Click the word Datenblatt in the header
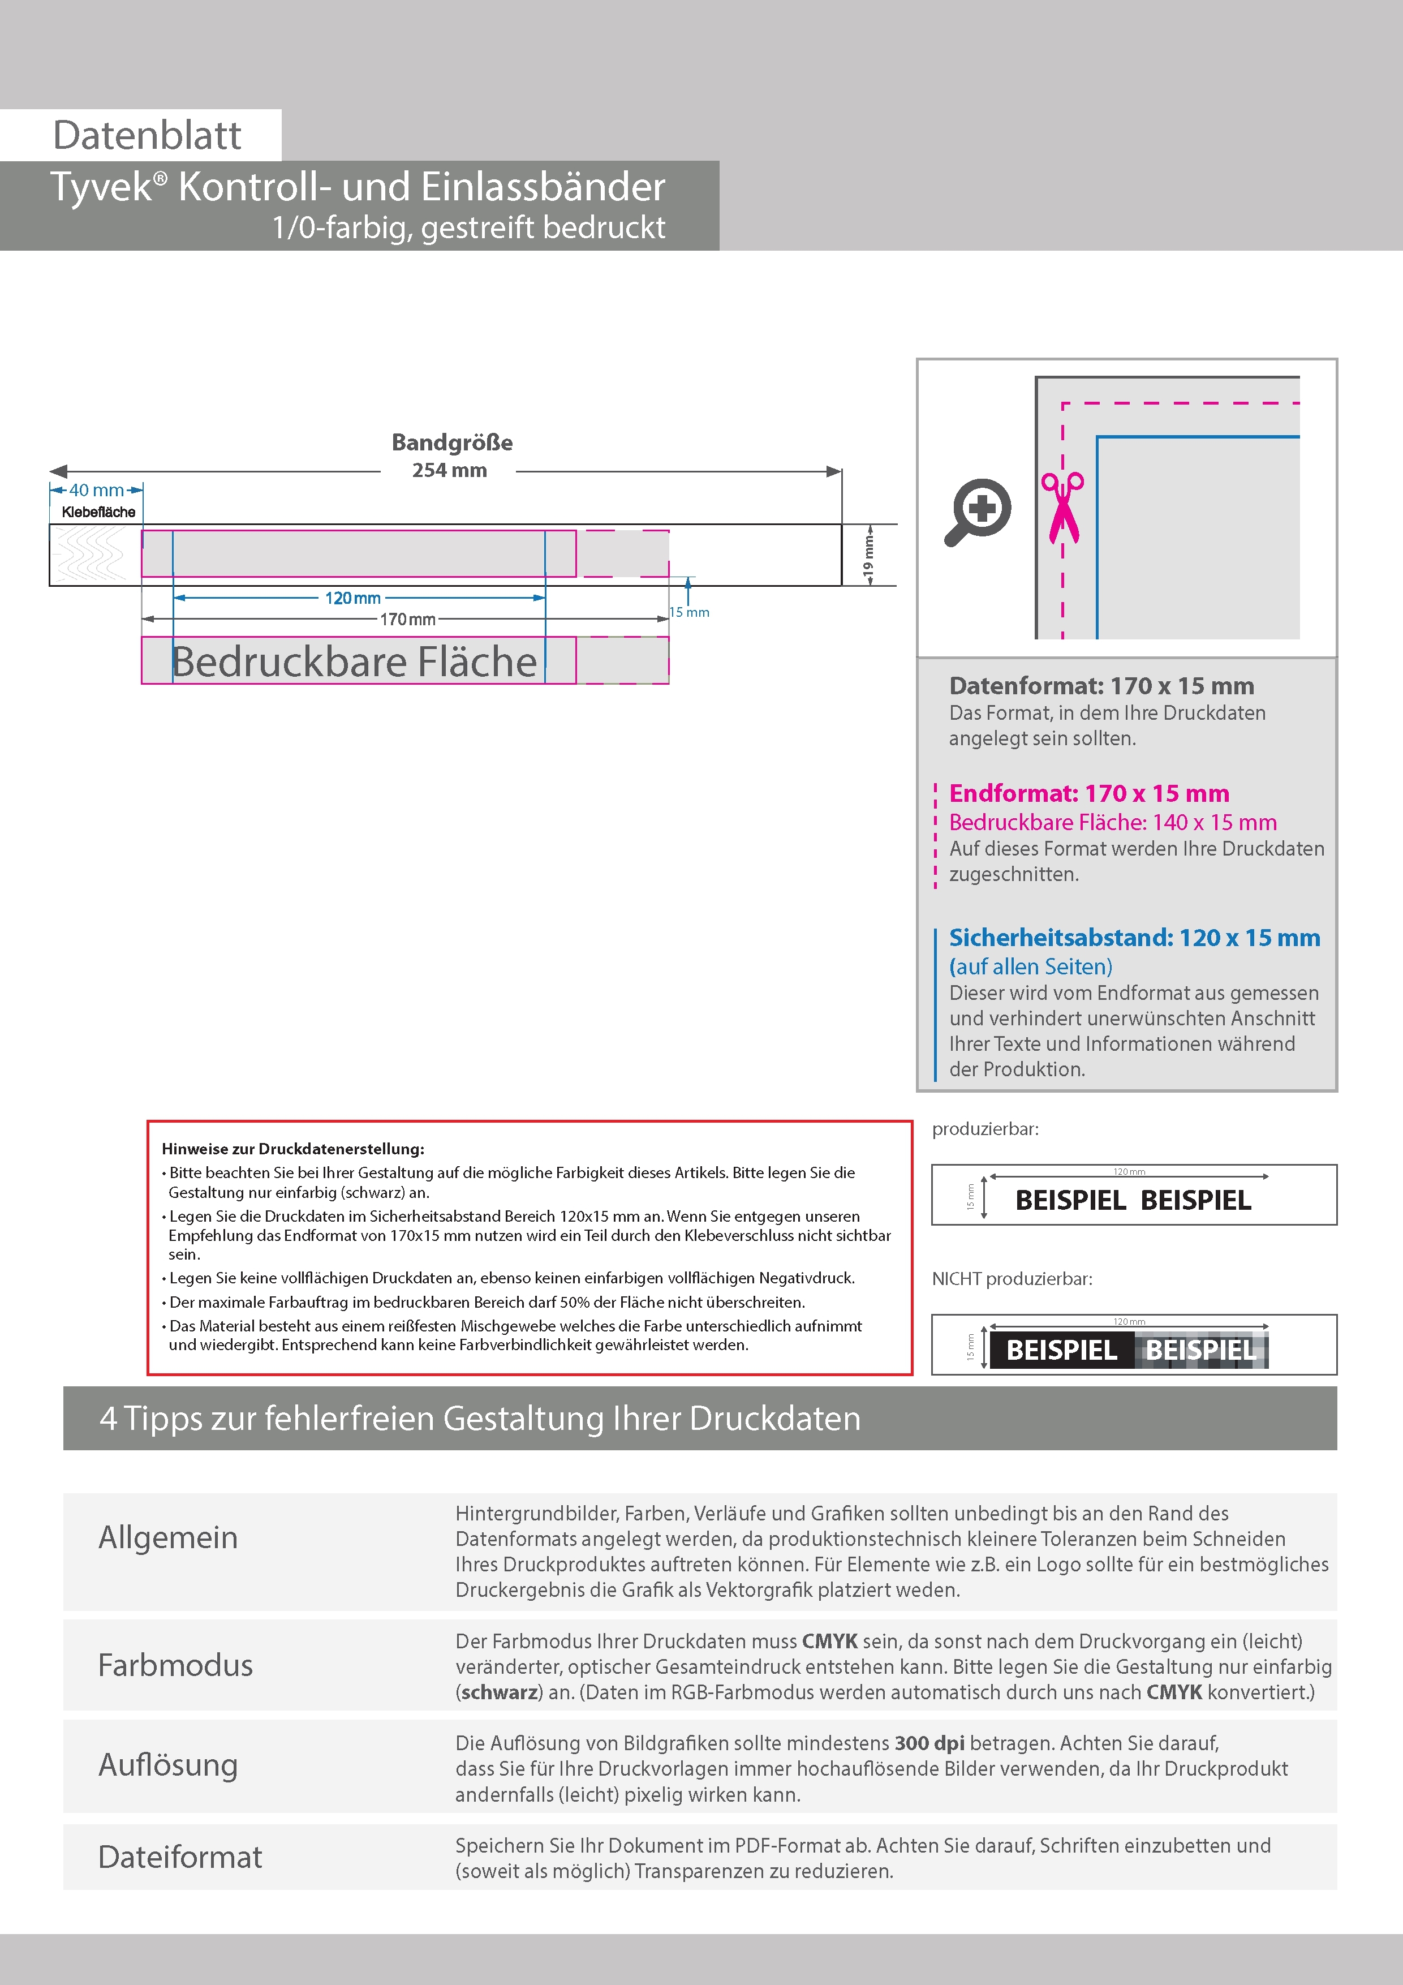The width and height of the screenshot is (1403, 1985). (147, 136)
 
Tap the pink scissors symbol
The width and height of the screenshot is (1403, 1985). (1062, 508)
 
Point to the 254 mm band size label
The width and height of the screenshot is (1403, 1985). (450, 470)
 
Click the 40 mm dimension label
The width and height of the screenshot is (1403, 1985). (96, 490)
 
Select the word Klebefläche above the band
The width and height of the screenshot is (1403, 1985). (98, 512)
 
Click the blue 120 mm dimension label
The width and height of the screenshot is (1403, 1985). (352, 598)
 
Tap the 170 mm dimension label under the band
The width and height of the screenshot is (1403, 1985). (408, 619)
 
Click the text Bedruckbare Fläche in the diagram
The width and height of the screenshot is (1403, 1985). (354, 661)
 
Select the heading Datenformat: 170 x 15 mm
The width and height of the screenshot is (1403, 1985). (1101, 686)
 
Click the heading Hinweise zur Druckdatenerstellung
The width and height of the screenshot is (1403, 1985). (293, 1149)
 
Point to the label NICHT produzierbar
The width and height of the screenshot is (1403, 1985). (1012, 1279)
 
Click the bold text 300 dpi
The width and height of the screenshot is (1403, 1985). (929, 1743)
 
